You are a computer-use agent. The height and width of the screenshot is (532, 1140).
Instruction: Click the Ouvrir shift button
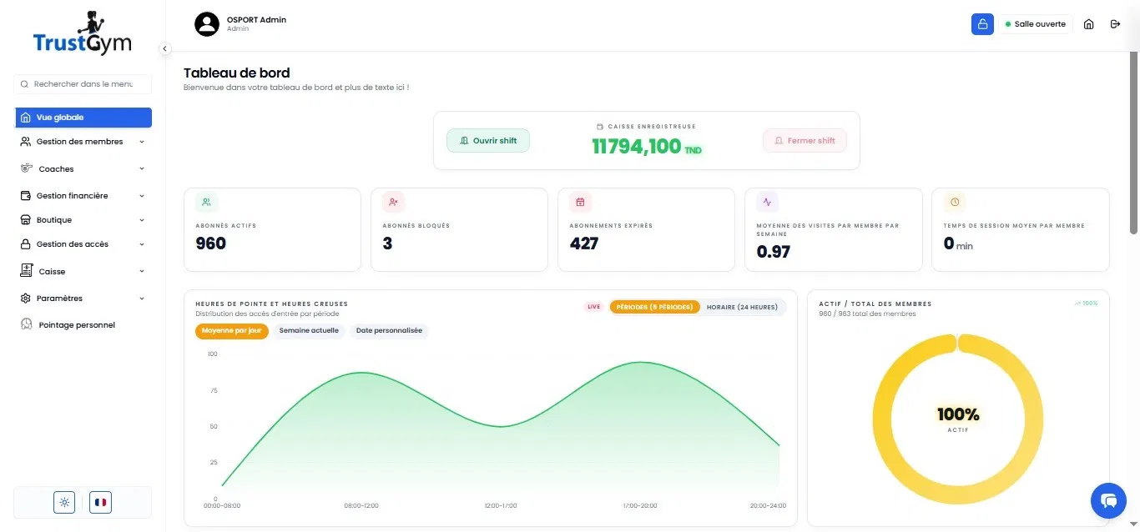point(488,140)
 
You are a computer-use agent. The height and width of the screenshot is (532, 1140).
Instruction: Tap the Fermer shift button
point(805,140)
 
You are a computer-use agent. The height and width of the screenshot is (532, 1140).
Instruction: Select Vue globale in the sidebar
point(83,118)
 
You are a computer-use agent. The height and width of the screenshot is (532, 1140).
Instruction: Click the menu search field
point(83,84)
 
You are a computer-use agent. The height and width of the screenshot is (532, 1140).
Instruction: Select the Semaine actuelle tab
point(309,330)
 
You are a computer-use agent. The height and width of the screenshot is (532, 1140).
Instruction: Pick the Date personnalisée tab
point(389,330)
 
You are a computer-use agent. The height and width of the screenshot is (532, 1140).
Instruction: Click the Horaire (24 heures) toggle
point(742,307)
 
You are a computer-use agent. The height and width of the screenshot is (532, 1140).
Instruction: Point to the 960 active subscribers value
point(210,243)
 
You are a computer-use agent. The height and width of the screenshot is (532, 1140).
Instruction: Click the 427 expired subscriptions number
point(583,243)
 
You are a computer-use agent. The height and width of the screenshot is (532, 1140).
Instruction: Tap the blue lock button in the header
point(982,24)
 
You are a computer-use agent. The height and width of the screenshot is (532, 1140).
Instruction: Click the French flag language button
point(100,503)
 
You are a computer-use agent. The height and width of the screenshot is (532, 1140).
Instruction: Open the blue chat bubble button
point(1108,500)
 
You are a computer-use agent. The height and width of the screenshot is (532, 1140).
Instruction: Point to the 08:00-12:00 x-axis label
point(361,505)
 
